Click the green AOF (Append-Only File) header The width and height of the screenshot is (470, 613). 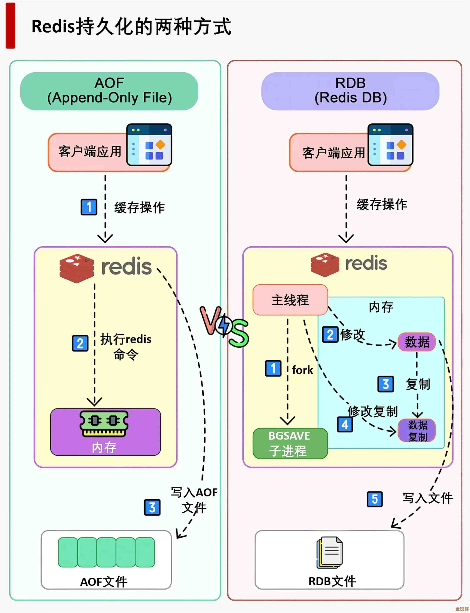click(109, 91)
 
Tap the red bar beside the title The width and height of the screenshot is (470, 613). click(10, 26)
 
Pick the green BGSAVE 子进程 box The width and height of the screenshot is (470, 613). click(290, 444)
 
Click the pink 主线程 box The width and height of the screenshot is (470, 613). click(290, 300)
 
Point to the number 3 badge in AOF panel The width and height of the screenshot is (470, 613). click(152, 507)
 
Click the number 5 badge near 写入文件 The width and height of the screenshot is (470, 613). click(375, 499)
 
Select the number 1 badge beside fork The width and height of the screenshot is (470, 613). click(273, 368)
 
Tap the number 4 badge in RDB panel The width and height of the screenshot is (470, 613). click(345, 425)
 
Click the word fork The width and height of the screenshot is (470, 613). click(302, 370)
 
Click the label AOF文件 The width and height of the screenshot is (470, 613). click(104, 582)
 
